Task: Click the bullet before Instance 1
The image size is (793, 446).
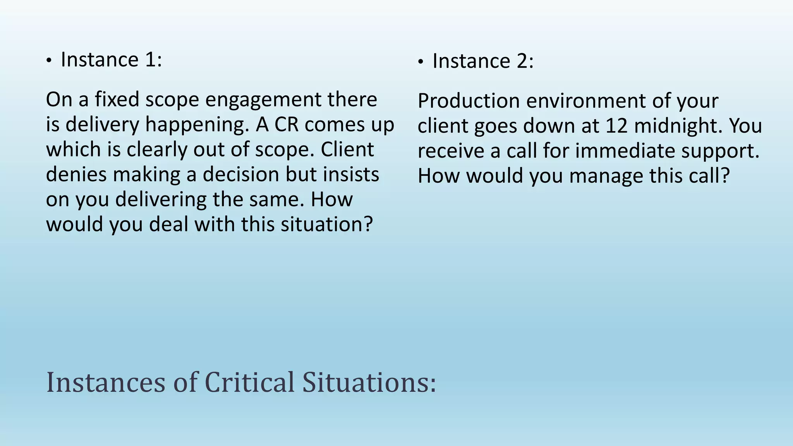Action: (48, 61)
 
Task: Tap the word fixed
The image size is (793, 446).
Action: (117, 99)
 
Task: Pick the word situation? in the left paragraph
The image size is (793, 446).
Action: (326, 224)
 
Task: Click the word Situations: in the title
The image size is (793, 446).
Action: (369, 383)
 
